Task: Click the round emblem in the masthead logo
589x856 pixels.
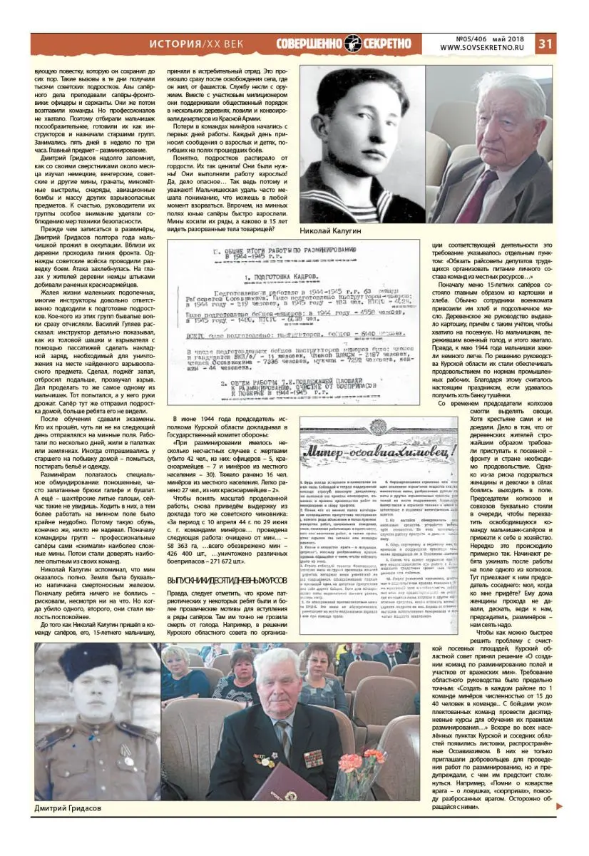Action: click(354, 44)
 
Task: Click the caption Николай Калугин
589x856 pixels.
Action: click(331, 231)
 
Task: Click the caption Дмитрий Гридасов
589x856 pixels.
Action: click(67, 807)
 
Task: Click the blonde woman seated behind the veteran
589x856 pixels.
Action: click(177, 674)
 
